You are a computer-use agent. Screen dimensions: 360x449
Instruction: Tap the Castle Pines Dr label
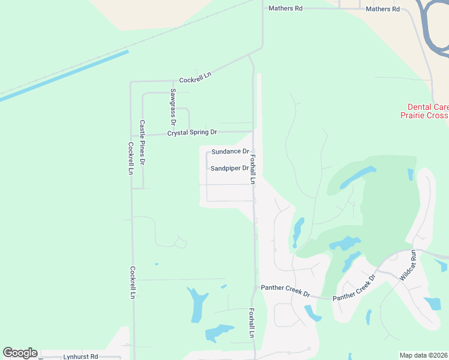pos(142,142)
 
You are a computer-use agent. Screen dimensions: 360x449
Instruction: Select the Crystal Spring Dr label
pos(192,132)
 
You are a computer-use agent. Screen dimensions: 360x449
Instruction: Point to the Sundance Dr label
pos(230,152)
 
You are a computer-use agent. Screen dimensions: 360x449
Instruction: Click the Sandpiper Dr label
pos(229,169)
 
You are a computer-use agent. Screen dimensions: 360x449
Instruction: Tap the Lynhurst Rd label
pos(80,356)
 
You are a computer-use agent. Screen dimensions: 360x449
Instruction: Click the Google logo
pos(20,353)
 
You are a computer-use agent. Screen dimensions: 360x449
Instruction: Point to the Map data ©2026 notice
pos(423,355)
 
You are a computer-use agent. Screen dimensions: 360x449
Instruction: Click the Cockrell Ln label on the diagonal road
pos(196,77)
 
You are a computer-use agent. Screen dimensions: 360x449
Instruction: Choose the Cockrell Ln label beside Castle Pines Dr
pos(130,158)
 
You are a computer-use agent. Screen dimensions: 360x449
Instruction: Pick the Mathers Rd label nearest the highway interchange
pos(382,9)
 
